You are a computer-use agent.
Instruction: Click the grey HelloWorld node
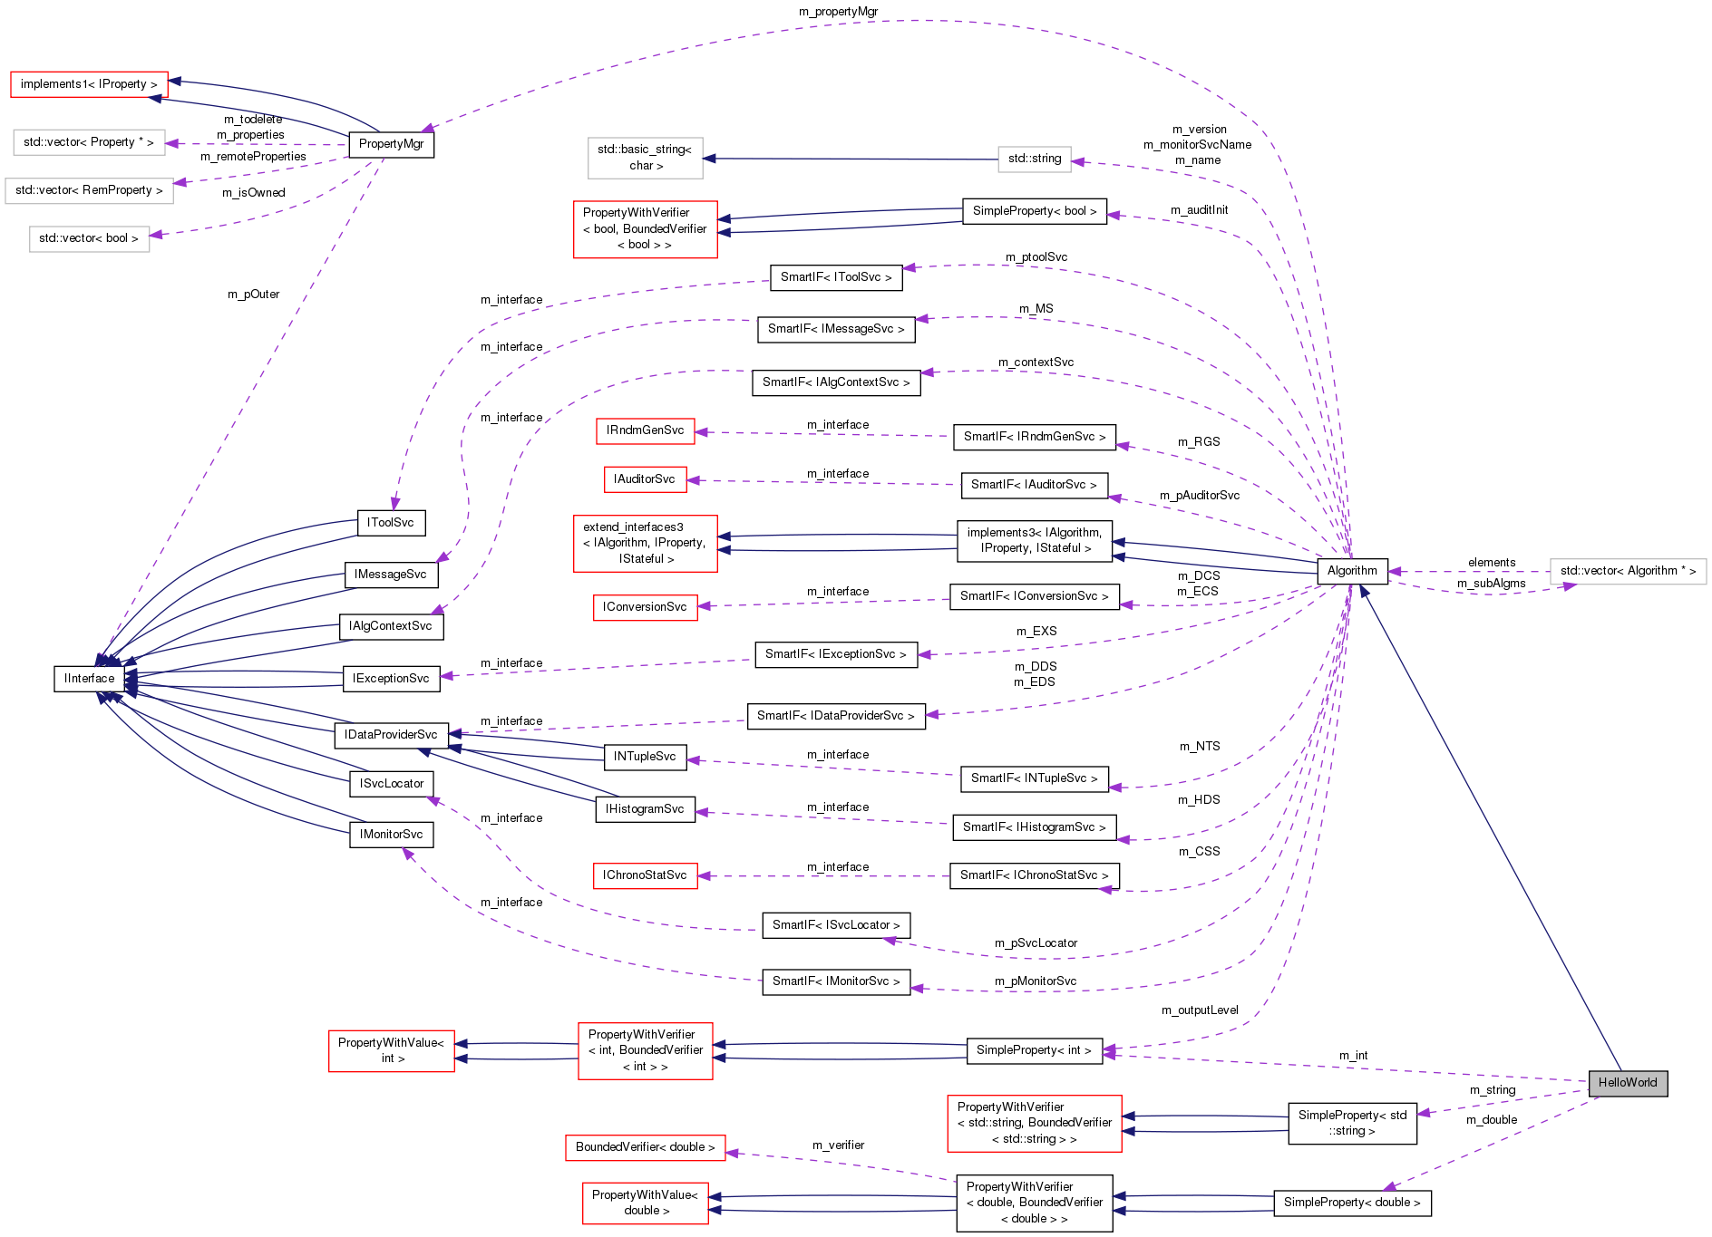[1627, 1083]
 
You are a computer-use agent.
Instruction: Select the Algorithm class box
[1351, 571]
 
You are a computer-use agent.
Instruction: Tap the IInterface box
[89, 679]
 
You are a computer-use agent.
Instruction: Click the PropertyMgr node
[391, 144]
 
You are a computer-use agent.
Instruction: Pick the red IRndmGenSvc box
[645, 430]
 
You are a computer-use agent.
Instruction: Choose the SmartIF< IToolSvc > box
[835, 277]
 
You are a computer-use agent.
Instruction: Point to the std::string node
[1034, 159]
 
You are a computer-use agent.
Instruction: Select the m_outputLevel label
[1199, 1010]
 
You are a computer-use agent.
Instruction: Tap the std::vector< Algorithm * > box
[1627, 571]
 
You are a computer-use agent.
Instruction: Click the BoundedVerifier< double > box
[645, 1147]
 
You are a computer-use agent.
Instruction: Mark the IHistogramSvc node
[645, 809]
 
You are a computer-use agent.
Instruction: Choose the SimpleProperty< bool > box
[1034, 211]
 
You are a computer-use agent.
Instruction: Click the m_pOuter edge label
[253, 295]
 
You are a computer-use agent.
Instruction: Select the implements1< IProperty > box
[89, 84]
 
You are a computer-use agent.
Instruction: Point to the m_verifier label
[838, 1145]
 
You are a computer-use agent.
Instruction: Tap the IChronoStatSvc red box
[645, 875]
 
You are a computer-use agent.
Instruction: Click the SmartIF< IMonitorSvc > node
[835, 981]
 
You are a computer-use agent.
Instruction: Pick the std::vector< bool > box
[89, 238]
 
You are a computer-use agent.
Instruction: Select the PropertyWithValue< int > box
[391, 1050]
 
